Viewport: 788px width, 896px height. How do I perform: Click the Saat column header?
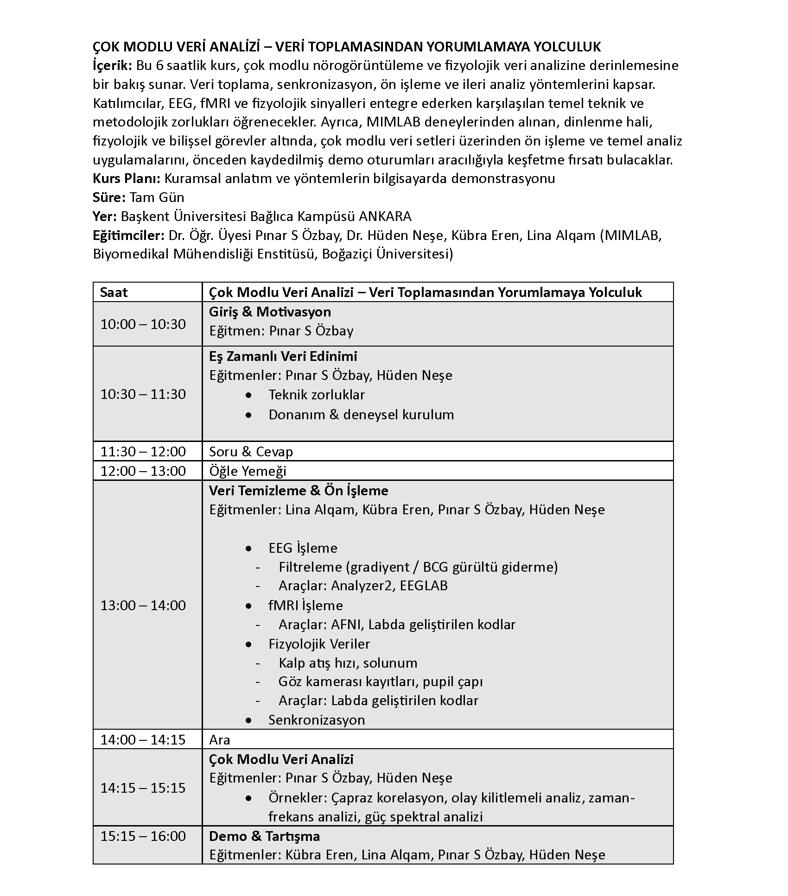coord(114,292)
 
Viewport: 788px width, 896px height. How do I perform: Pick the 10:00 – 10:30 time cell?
coord(143,324)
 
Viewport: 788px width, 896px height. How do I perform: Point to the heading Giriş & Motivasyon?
coord(270,312)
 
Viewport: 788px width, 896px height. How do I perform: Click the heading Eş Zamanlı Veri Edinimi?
coord(283,356)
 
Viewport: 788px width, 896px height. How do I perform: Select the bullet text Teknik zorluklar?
coord(317,395)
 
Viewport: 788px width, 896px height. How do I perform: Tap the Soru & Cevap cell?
coord(251,451)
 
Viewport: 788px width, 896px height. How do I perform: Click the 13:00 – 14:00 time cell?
coord(143,605)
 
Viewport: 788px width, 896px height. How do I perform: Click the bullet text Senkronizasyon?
coord(317,719)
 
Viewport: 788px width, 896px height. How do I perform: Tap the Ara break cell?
coord(220,739)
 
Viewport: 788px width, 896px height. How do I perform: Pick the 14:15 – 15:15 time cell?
coord(143,788)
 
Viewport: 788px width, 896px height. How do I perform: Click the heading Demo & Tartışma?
coord(264,836)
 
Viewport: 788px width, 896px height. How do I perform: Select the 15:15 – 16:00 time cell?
coord(143,836)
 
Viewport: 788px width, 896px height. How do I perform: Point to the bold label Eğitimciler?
coord(128,235)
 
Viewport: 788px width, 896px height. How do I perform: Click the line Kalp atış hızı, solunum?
coord(348,663)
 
